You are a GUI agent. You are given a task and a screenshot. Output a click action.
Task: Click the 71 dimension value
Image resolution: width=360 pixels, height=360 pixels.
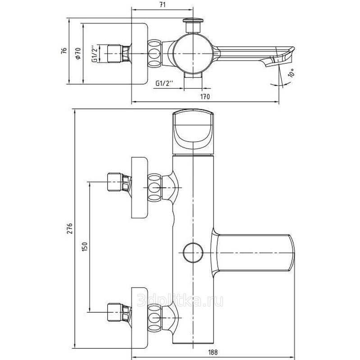click(x=162, y=4)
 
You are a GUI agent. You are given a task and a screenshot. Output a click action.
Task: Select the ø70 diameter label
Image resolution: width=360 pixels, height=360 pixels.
click(x=78, y=54)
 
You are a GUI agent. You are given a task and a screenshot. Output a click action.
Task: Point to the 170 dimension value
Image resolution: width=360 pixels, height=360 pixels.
click(x=205, y=96)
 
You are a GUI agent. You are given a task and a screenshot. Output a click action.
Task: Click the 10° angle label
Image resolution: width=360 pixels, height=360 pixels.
click(x=291, y=73)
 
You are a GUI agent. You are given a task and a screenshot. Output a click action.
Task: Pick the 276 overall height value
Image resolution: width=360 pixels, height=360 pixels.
click(x=70, y=228)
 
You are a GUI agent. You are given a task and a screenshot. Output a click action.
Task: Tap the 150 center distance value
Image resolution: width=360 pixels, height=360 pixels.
click(x=85, y=246)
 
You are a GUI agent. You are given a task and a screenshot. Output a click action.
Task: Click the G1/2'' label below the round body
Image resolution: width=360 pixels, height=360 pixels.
click(x=164, y=83)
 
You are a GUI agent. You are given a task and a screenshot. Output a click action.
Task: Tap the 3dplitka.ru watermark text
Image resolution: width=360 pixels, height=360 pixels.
click(x=180, y=301)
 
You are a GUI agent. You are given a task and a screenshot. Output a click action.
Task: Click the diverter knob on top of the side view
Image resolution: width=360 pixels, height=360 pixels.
click(x=193, y=25)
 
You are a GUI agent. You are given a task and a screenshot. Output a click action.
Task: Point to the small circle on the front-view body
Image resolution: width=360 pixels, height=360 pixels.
click(x=193, y=253)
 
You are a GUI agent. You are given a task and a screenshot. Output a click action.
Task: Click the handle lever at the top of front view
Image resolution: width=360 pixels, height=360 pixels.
click(x=193, y=131)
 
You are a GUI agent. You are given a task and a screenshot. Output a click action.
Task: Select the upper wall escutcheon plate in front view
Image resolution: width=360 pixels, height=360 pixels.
click(x=139, y=188)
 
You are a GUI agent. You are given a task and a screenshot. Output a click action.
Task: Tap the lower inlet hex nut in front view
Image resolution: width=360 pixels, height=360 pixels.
click(x=115, y=312)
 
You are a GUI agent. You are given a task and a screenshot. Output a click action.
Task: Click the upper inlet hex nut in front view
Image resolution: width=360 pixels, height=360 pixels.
click(x=115, y=182)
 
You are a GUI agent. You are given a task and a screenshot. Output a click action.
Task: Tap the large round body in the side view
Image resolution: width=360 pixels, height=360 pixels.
click(x=193, y=54)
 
